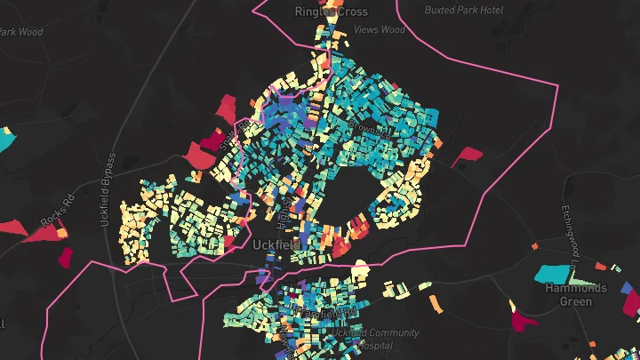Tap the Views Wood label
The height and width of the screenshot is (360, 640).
tap(379, 29)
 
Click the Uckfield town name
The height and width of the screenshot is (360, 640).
tap(276, 244)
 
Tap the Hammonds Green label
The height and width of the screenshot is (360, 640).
tap(575, 294)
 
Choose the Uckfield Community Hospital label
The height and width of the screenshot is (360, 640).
tap(375, 339)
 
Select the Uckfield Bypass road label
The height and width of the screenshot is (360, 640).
tap(108, 189)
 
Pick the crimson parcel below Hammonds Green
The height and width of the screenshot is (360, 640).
tap(524, 316)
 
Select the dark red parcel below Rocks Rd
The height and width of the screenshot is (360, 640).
tap(64, 257)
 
